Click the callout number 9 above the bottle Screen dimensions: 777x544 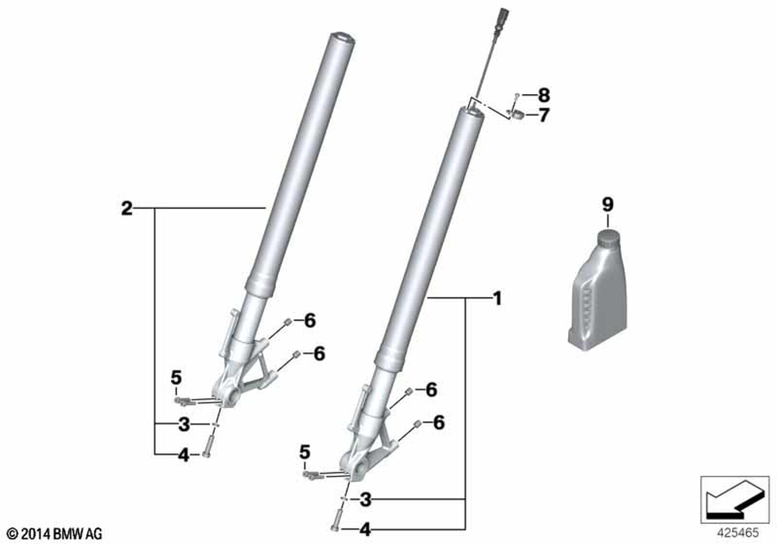(608, 204)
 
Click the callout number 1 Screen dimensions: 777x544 (497, 298)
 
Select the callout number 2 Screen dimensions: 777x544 (127, 208)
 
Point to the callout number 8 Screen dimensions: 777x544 (544, 95)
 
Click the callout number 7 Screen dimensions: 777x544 (544, 116)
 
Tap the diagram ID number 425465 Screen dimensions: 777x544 (737, 533)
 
